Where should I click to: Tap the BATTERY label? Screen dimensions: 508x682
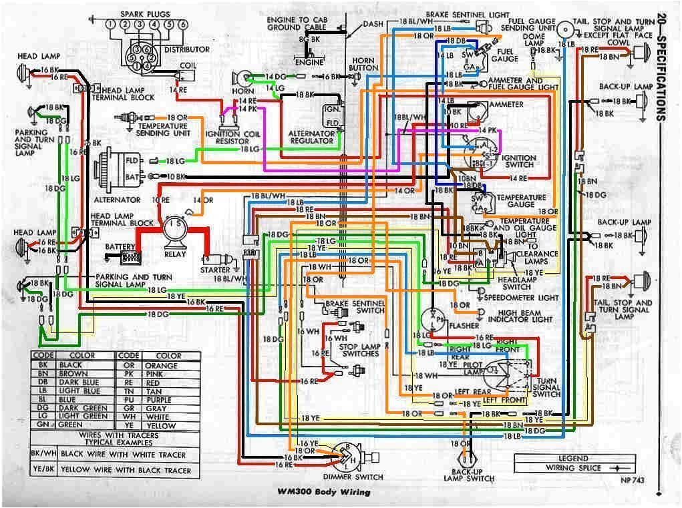coord(120,247)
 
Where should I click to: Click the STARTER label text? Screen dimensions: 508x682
coord(215,270)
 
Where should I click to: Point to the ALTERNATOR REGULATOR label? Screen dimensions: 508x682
coord(311,137)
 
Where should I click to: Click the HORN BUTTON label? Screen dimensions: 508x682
coord(363,63)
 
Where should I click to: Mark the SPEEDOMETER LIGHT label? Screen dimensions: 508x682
coord(519,297)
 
